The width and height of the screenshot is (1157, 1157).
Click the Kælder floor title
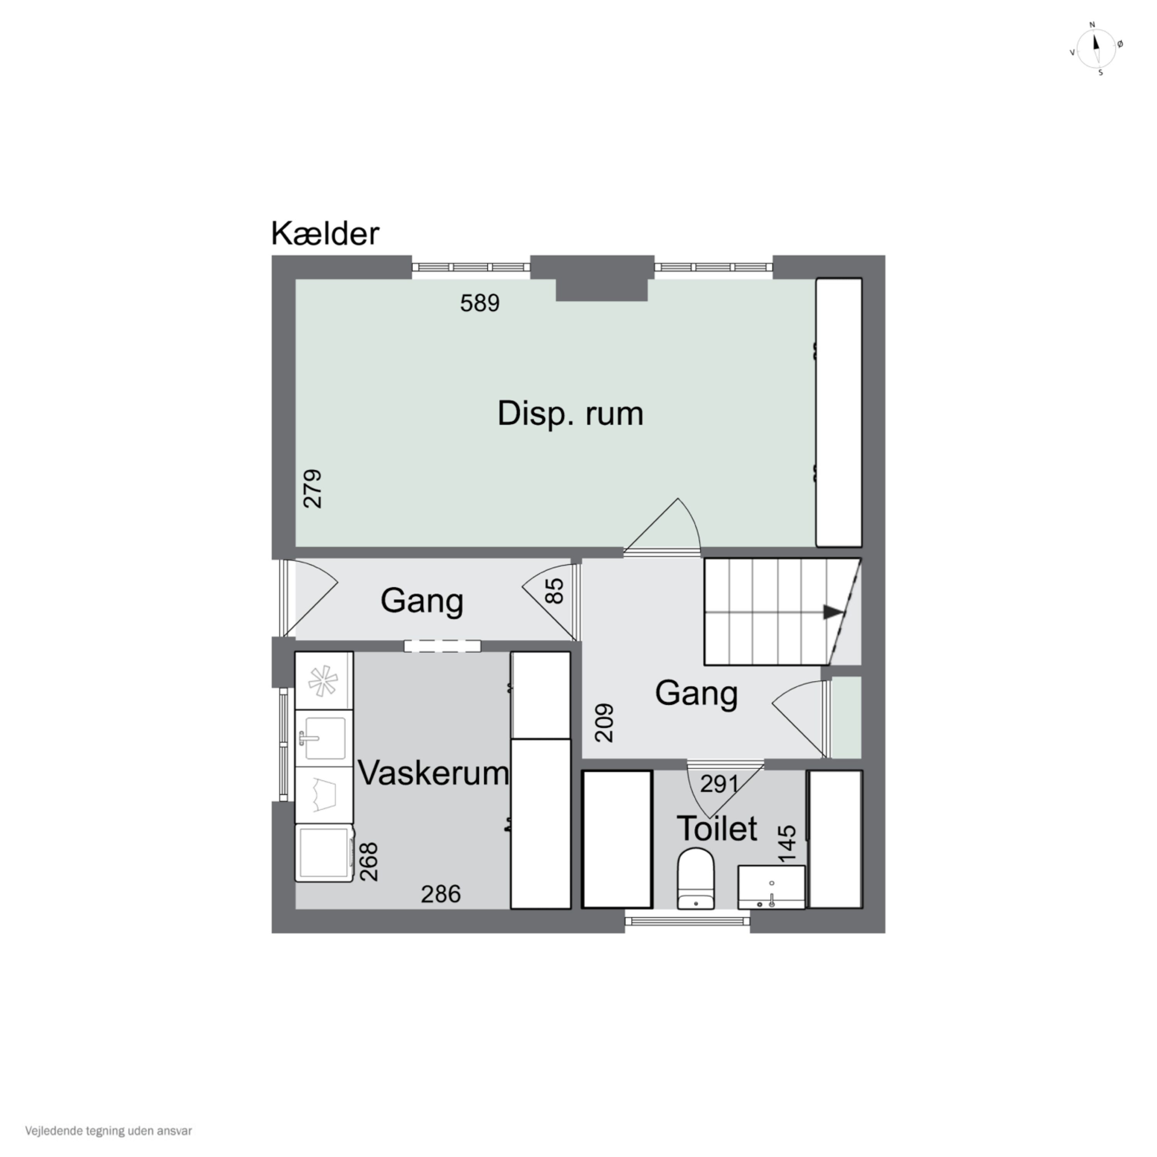(x=325, y=234)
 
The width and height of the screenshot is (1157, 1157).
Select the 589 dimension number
(x=480, y=303)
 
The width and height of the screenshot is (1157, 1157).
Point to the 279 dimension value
(x=313, y=489)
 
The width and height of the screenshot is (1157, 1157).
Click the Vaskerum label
(x=433, y=773)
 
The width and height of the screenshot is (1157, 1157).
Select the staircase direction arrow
(x=832, y=612)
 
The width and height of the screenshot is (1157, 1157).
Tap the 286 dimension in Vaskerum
(x=441, y=895)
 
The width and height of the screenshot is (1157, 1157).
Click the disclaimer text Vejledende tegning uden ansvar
(x=108, y=1131)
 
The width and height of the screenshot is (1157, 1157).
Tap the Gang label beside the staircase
(x=696, y=693)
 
